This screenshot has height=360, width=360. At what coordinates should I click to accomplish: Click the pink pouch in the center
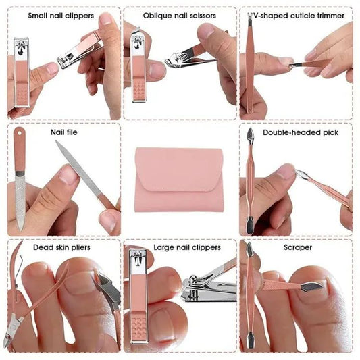(x=179, y=179)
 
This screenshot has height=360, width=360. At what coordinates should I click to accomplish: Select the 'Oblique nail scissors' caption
(x=179, y=14)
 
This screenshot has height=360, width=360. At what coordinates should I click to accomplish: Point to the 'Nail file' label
(x=64, y=132)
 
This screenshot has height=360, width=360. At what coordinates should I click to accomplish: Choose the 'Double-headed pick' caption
(x=301, y=132)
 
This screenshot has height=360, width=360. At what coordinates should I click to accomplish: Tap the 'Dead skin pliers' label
(x=61, y=247)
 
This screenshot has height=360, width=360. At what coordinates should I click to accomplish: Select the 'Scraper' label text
(x=297, y=247)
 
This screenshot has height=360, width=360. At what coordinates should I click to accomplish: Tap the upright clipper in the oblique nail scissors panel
(x=138, y=68)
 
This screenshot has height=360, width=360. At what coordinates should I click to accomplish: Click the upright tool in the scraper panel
(x=249, y=297)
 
